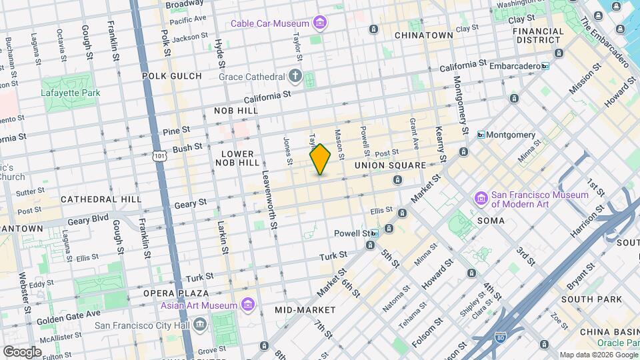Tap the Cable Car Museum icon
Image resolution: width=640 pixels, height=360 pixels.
(x=321, y=24)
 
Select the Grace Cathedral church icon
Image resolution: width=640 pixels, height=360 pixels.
(x=295, y=76)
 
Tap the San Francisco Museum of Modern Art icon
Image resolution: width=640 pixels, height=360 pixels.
(x=481, y=199)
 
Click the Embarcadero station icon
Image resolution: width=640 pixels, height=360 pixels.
(x=545, y=67)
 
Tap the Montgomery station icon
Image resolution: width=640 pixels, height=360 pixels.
(x=481, y=135)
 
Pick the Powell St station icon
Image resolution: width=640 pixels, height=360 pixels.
(x=375, y=233)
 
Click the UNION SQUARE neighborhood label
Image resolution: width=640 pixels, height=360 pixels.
(x=390, y=165)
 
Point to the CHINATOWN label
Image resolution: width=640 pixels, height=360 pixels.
(x=424, y=35)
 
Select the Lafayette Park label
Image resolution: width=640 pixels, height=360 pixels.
(x=71, y=93)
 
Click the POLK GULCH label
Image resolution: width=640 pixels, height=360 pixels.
(x=171, y=76)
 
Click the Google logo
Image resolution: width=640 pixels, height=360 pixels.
(x=22, y=351)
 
